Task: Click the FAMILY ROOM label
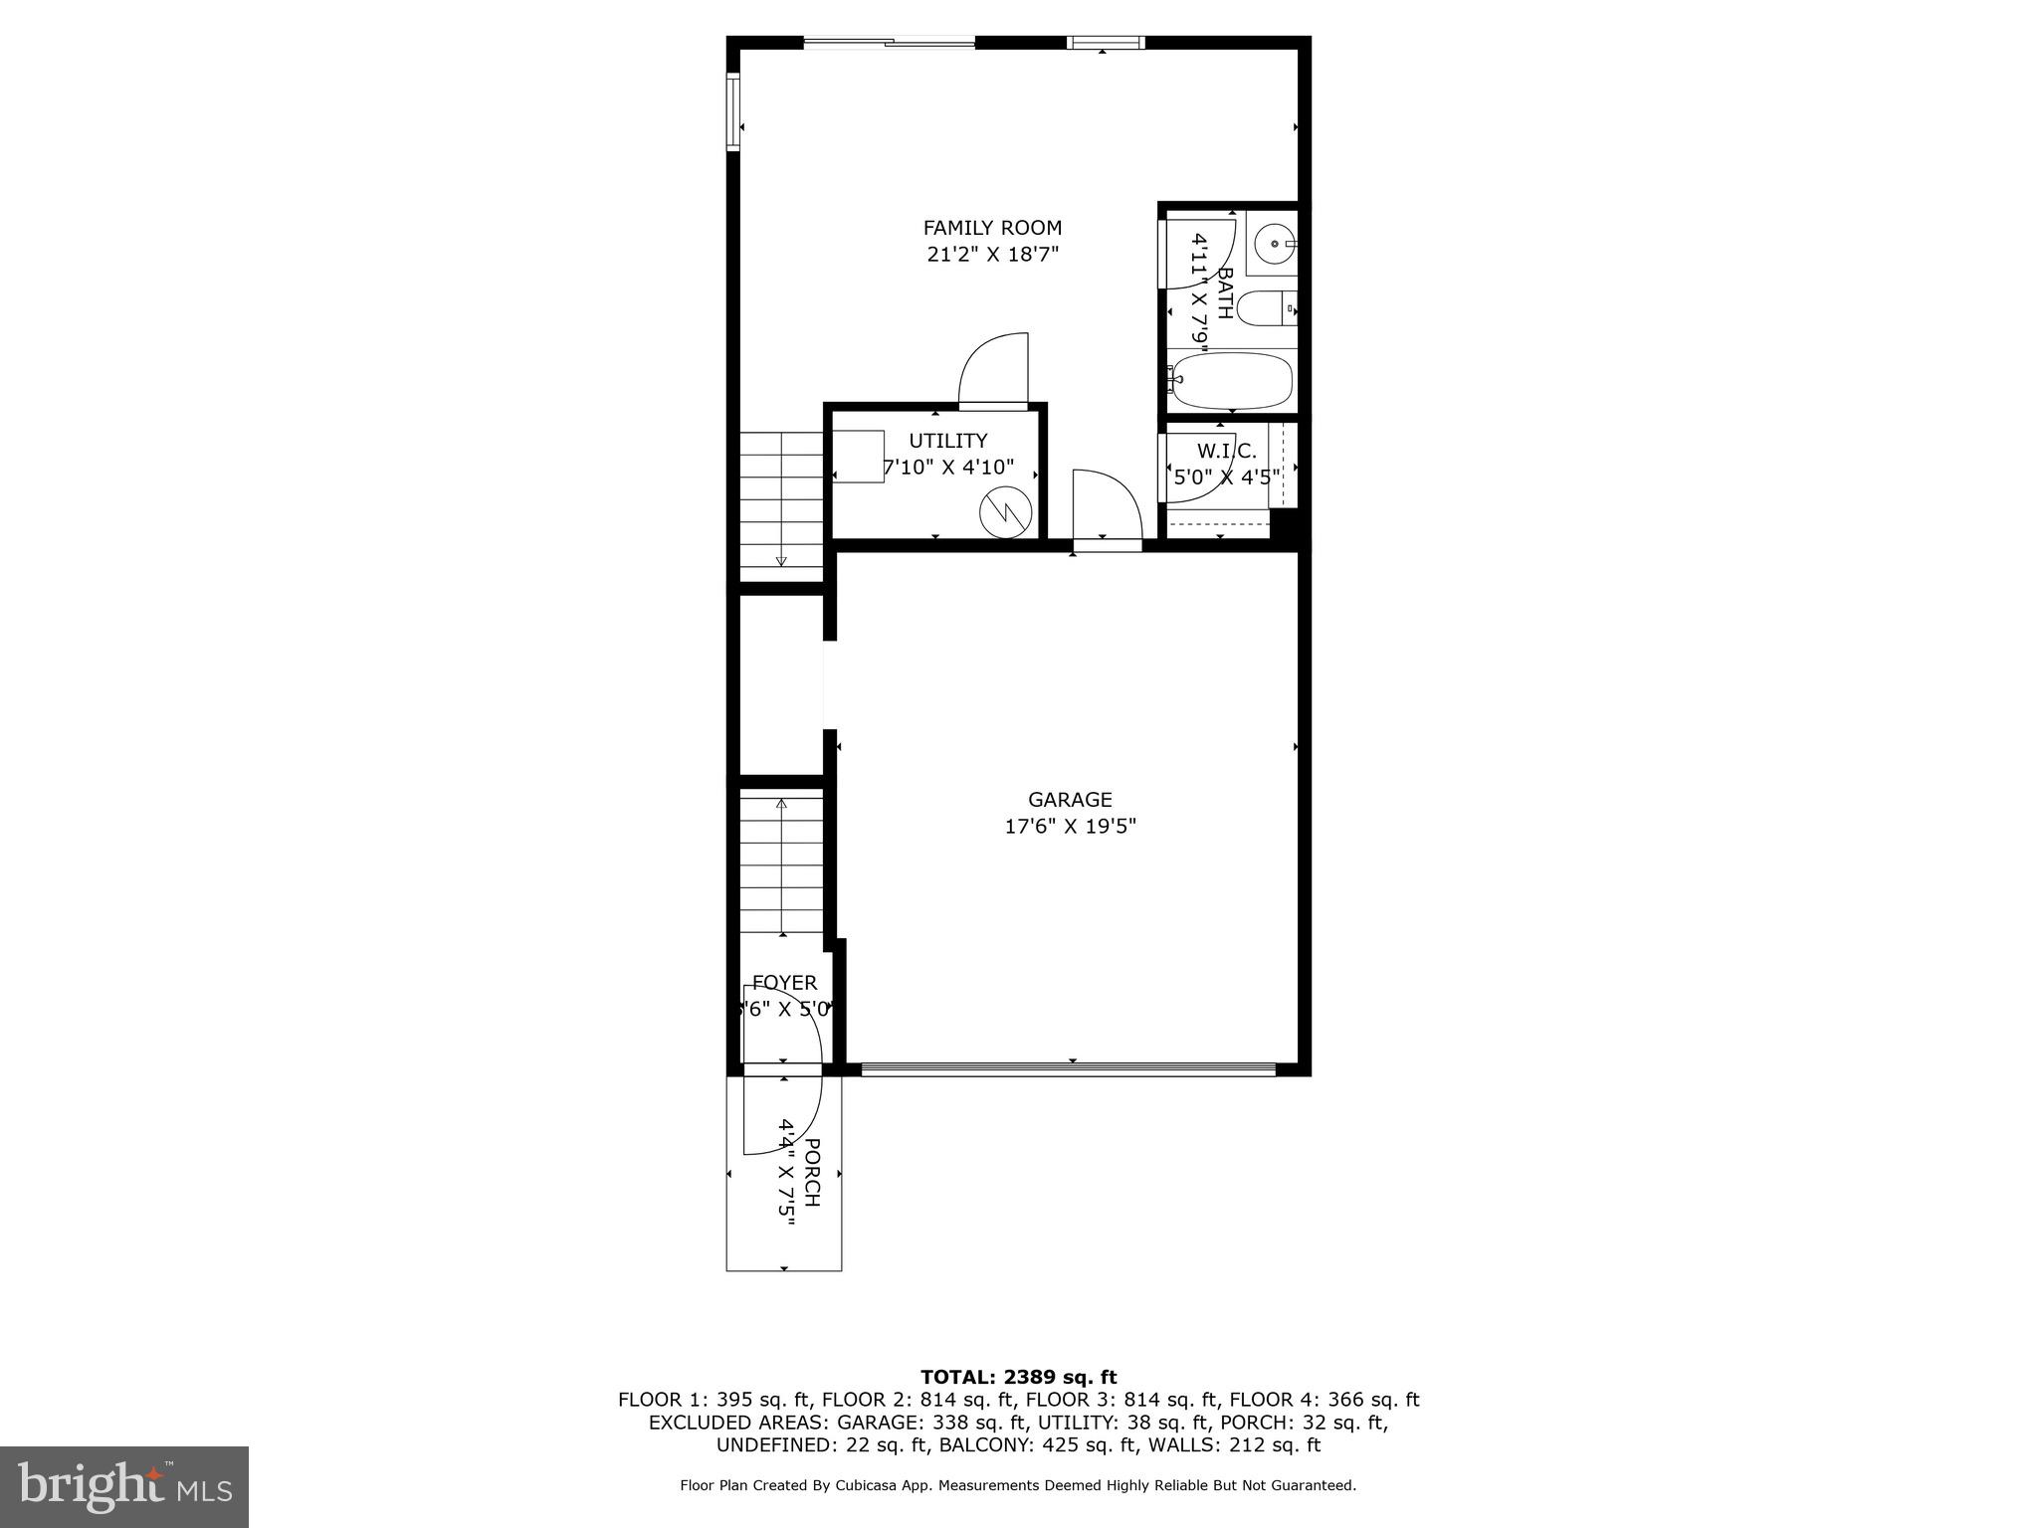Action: pos(992,228)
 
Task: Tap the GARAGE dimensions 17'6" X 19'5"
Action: pos(1070,826)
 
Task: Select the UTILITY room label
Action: pos(947,441)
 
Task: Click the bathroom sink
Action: pos(1274,242)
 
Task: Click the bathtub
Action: pos(1232,381)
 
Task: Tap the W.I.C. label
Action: pos(1226,451)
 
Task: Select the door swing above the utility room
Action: pos(993,371)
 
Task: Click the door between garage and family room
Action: pos(1106,509)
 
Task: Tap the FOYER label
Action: pos(784,983)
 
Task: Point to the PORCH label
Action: pos(812,1172)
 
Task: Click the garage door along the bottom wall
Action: pos(1068,1069)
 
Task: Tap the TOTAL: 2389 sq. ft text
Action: pos(1018,1378)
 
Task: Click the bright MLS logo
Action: pos(124,1487)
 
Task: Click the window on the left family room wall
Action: pos(733,111)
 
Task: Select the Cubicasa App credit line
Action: pos(1018,1485)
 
